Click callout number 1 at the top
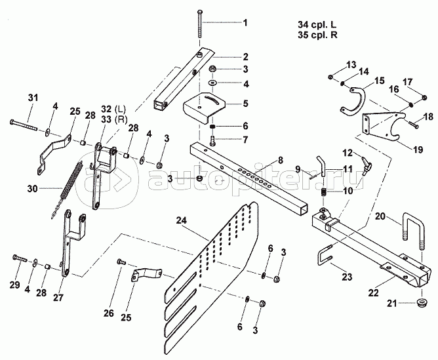[245, 24]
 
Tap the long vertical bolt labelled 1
[199, 29]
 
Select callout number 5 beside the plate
[245, 103]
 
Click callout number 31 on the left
[33, 98]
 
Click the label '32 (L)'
[112, 109]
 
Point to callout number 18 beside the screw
[428, 117]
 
